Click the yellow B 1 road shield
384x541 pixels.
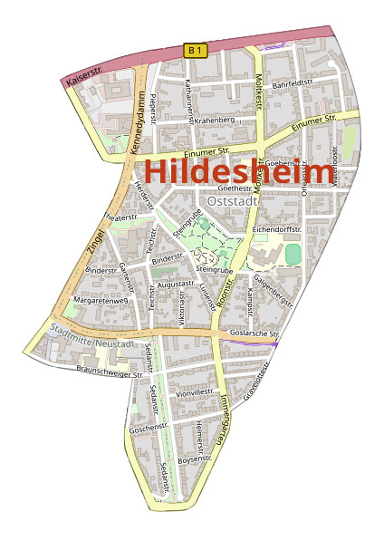pos(194,50)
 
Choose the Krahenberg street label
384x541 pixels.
pos(214,120)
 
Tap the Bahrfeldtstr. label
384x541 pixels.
pos(293,83)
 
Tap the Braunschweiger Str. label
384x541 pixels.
pos(110,372)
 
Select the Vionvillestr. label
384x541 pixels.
pos(195,393)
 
